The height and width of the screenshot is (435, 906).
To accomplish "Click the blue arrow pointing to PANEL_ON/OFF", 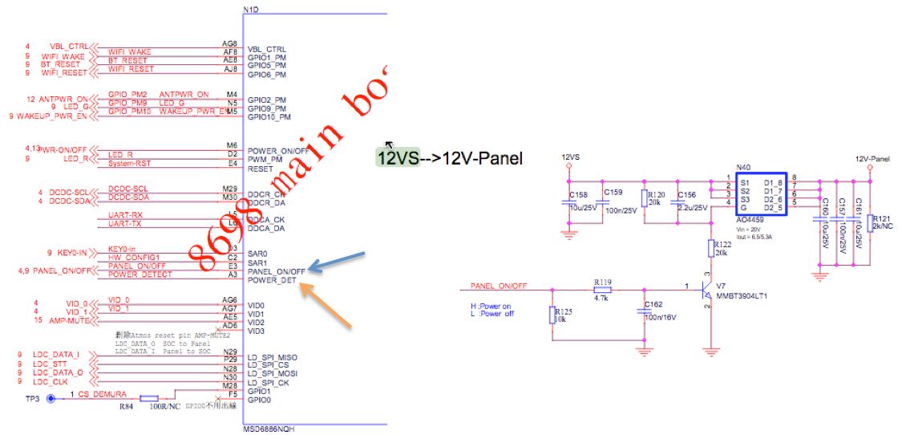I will pos(337,262).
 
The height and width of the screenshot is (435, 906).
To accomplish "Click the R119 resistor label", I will pos(603,282).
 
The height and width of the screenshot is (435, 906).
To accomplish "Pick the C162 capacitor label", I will pos(653,305).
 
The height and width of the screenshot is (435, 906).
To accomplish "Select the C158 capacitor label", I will pos(578,195).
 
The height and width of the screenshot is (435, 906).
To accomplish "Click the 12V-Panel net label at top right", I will pos(872,159).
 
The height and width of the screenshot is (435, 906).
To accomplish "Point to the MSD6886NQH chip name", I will pos(265,429).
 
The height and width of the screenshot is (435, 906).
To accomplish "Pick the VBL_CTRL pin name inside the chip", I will pos(266,49).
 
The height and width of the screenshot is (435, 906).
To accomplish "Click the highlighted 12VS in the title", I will pos(398,158).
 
